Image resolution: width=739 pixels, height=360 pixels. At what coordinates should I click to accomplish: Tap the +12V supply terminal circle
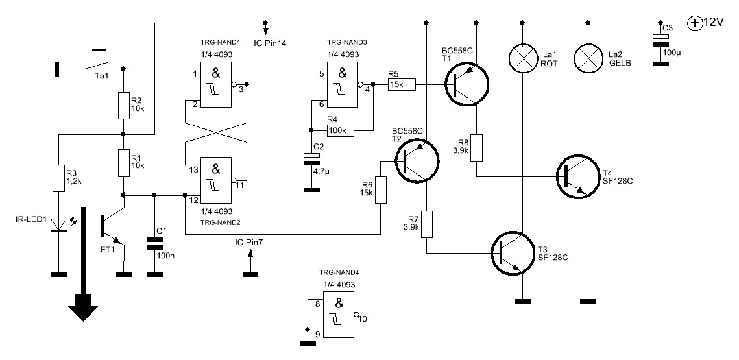[694, 23]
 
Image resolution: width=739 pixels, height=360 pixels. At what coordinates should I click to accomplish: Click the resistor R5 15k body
[401, 85]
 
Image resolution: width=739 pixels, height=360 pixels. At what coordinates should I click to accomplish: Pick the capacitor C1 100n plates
[154, 243]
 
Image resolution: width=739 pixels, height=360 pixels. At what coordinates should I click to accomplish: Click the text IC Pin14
[269, 42]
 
